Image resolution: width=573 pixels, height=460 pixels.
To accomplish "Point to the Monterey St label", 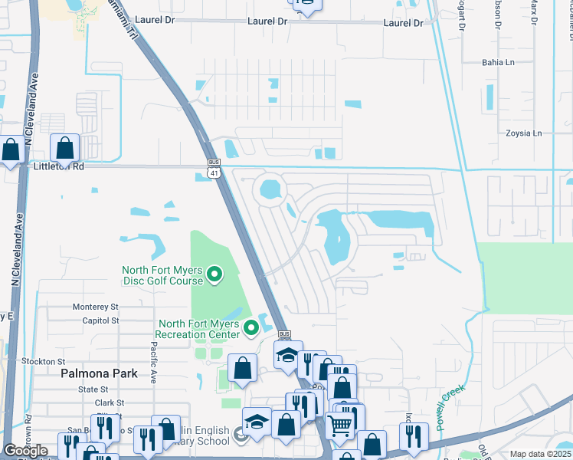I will [96, 306].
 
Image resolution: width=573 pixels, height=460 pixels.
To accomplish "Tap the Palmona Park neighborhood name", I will [99, 374].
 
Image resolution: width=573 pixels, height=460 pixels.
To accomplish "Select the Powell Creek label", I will [451, 407].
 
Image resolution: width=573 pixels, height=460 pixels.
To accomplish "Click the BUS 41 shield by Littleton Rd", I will [214, 169].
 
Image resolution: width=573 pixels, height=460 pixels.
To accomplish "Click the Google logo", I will [26, 451].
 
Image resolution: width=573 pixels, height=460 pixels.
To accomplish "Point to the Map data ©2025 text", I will [541, 454].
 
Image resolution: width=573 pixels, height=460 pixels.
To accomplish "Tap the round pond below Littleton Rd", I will [270, 187].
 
